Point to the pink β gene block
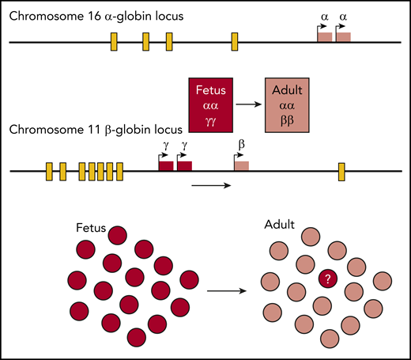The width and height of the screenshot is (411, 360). (x=241, y=165)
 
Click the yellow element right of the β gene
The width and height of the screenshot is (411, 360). (x=341, y=169)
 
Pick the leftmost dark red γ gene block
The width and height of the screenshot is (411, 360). (x=166, y=165)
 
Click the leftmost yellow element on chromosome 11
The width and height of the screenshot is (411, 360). (x=49, y=170)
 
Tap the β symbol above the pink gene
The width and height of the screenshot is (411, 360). (x=241, y=145)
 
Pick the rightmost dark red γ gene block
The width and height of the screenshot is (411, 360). (x=184, y=165)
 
